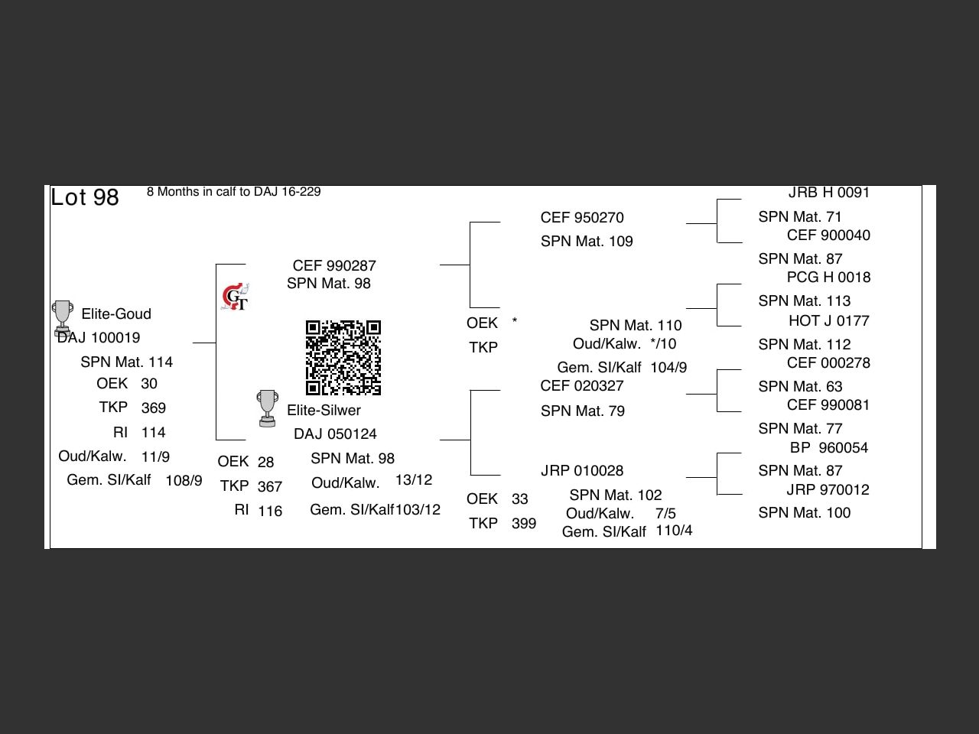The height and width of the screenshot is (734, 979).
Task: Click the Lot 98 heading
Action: [x=85, y=197]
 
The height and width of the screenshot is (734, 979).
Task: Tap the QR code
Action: [x=343, y=357]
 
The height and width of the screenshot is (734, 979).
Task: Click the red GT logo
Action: [x=235, y=297]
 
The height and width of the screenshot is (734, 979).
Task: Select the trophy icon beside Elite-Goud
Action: [x=63, y=318]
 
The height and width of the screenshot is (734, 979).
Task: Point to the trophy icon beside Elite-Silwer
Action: [x=268, y=408]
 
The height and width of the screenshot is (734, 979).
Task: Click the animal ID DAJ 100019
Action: [x=99, y=338]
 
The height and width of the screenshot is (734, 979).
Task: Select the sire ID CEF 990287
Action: [x=334, y=265]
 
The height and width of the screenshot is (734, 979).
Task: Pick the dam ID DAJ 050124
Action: [x=335, y=434]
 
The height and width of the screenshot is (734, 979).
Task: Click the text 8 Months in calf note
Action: [x=234, y=192]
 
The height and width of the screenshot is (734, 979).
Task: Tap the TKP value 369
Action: [x=154, y=408]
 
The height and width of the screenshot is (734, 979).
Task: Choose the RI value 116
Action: [x=270, y=511]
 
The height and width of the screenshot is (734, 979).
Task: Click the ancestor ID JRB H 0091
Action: [x=828, y=193]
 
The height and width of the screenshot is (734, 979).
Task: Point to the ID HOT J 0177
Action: [x=828, y=320]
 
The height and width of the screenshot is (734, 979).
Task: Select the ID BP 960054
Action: [x=828, y=447]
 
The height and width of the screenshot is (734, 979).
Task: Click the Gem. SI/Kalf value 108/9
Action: [x=184, y=480]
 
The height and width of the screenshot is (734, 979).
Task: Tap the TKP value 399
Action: [x=524, y=523]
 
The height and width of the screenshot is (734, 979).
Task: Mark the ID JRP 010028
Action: [x=582, y=471]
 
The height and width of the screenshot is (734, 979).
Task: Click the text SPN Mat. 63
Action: [x=800, y=386]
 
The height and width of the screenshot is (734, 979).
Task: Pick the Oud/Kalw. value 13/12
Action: [x=414, y=480]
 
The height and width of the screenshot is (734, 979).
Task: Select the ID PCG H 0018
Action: [x=828, y=278]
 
